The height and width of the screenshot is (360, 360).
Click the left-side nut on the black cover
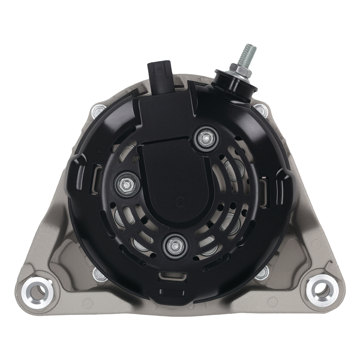click(x=127, y=184)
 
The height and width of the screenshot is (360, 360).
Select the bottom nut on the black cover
click(x=175, y=247)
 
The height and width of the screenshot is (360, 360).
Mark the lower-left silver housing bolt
click(x=99, y=274)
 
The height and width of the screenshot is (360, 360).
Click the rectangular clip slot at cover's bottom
click(x=172, y=276)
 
